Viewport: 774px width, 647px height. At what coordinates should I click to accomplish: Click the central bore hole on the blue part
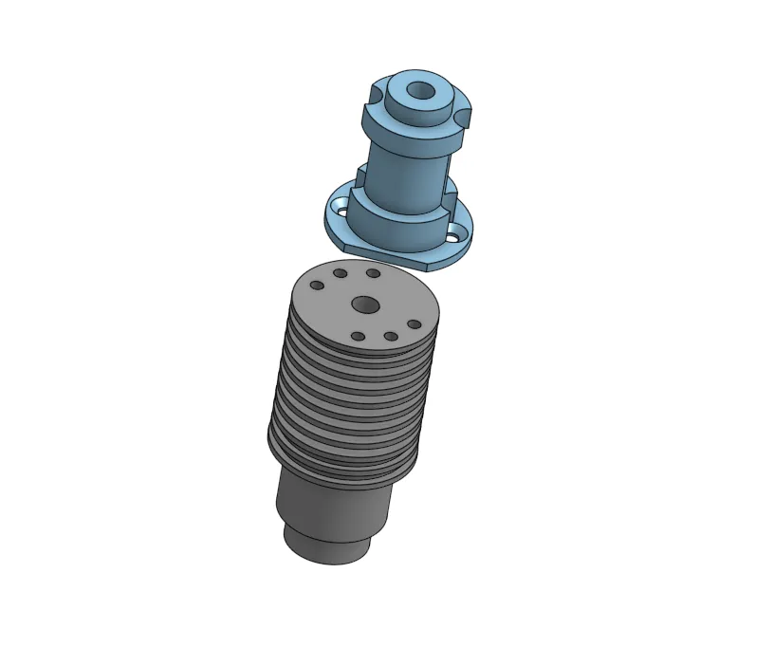pyautogui.click(x=417, y=93)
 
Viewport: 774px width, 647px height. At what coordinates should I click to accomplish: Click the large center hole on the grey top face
pyautogui.click(x=364, y=305)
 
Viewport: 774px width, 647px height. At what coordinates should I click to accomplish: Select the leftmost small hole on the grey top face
pyautogui.click(x=317, y=285)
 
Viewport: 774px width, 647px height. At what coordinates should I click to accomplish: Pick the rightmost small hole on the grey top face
pyautogui.click(x=414, y=324)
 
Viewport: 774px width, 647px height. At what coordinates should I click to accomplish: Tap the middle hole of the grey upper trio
pyautogui.click(x=340, y=273)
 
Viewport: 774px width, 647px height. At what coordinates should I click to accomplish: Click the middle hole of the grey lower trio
pyautogui.click(x=390, y=336)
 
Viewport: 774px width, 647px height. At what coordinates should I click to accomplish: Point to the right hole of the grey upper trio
pyautogui.click(x=373, y=273)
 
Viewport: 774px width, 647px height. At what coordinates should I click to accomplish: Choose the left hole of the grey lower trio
pyautogui.click(x=358, y=336)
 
